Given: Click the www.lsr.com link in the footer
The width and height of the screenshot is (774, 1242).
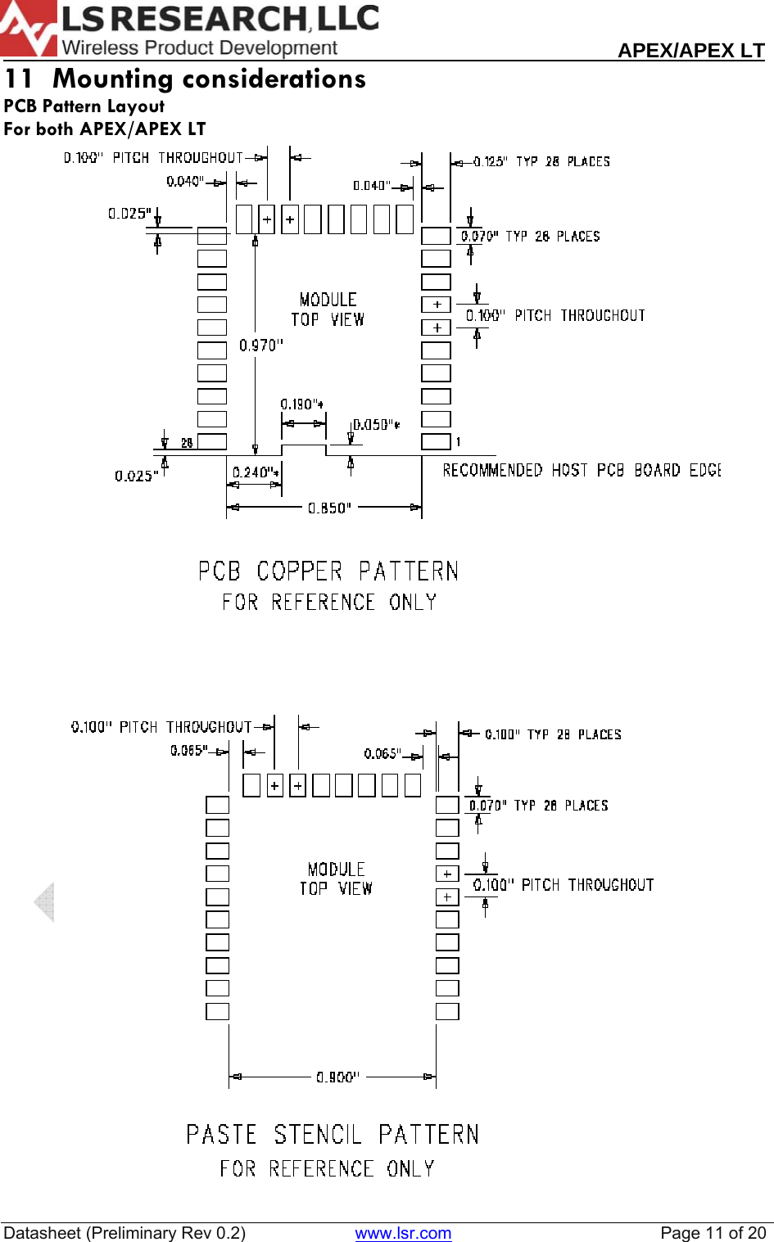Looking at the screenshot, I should pyautogui.click(x=403, y=1233).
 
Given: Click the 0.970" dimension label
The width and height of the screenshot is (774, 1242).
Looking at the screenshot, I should pyautogui.click(x=261, y=346).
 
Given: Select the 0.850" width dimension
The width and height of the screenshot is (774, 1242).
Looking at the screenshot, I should pyautogui.click(x=329, y=508).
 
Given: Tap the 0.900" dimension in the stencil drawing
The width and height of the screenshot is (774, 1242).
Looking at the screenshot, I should pyautogui.click(x=337, y=1077).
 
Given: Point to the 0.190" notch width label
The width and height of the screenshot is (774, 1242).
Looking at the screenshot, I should pyautogui.click(x=301, y=404).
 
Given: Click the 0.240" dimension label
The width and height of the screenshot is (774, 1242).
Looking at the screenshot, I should pyautogui.click(x=256, y=472).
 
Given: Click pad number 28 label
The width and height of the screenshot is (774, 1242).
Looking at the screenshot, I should pyautogui.click(x=187, y=443).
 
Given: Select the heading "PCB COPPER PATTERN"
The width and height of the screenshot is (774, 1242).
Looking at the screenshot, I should pyautogui.click(x=328, y=571).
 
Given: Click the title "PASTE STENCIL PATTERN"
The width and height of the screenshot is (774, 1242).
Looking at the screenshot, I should pyautogui.click(x=333, y=1135).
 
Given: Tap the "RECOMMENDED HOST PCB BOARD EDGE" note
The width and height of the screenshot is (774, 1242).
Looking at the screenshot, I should pyautogui.click(x=582, y=470).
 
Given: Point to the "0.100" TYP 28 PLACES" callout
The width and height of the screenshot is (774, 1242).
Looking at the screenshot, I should pyautogui.click(x=553, y=734).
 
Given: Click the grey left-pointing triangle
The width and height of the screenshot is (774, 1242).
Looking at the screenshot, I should pyautogui.click(x=45, y=902).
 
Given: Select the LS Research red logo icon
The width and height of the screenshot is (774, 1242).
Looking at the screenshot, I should pyautogui.click(x=28, y=29).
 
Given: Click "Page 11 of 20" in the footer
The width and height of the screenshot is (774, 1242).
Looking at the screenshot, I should pyautogui.click(x=713, y=1233).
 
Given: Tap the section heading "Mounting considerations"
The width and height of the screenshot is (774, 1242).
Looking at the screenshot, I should pyautogui.click(x=209, y=79).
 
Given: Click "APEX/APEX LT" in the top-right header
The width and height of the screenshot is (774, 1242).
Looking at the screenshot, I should pyautogui.click(x=690, y=50).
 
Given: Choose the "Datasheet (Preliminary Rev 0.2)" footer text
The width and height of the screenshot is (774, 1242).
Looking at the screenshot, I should pyautogui.click(x=124, y=1233).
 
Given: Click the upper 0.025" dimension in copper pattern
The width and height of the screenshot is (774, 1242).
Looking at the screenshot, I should pyautogui.click(x=129, y=214).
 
